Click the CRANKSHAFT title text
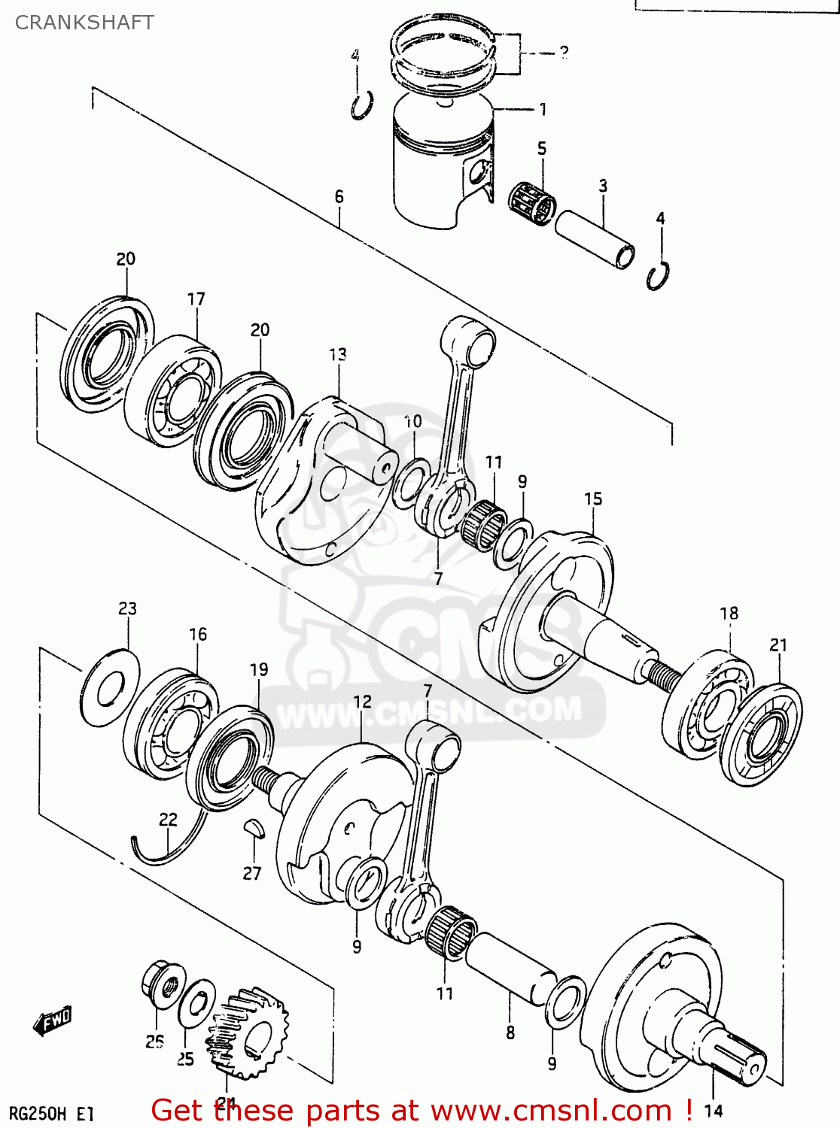point(84,23)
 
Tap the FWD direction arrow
point(53,1020)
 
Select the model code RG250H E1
point(51,1113)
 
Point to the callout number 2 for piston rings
point(563,51)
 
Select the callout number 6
point(339,197)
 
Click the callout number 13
point(337,354)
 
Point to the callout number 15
point(593,499)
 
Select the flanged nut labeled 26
point(163,984)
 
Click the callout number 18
point(729,614)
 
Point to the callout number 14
point(713,1111)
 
